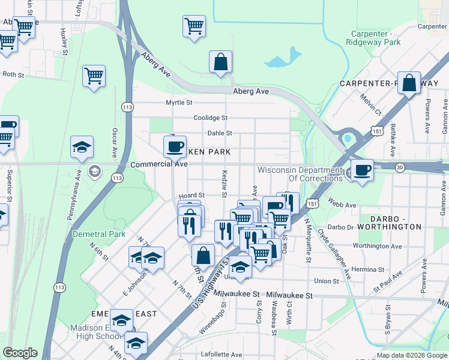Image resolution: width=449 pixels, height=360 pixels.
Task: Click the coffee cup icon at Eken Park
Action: [x=175, y=146]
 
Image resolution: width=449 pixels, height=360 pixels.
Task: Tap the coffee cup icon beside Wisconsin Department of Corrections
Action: [x=361, y=170]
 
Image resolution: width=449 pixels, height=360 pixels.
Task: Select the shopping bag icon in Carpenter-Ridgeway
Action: [x=409, y=84]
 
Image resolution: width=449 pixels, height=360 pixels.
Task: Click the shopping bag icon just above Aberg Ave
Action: [x=220, y=61]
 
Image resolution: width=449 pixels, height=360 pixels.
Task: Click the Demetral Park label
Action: [x=99, y=234]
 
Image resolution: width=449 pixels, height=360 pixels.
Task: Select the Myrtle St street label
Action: [x=178, y=103]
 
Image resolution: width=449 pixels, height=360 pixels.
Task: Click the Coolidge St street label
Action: [x=210, y=118]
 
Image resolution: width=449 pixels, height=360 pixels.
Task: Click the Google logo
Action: [x=20, y=353]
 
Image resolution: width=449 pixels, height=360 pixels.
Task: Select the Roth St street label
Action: [x=13, y=75]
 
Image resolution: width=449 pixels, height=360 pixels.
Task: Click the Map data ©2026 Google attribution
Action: [x=412, y=355]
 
